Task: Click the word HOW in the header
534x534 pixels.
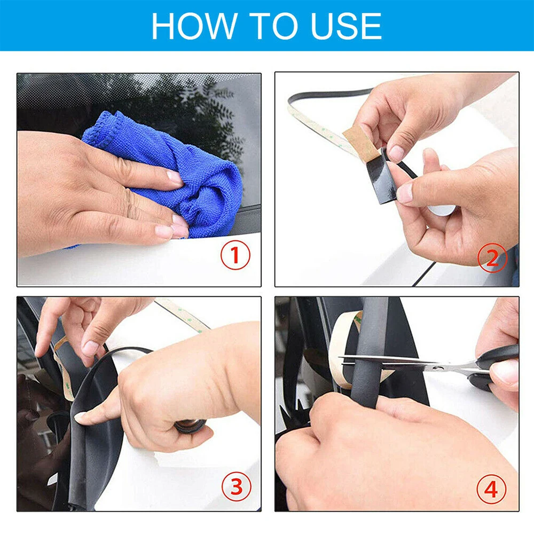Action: [x=194, y=26]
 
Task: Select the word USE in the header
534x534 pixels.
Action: [x=347, y=26]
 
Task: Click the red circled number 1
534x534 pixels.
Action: [x=235, y=255]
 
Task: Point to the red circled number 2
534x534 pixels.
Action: [x=492, y=258]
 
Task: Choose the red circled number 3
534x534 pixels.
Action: [x=237, y=486]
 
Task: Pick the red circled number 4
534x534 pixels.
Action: [x=491, y=489]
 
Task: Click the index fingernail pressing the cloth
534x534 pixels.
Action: [x=175, y=177]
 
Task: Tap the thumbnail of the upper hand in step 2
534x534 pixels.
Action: [x=397, y=153]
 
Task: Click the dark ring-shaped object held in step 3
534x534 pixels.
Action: [x=190, y=426]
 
